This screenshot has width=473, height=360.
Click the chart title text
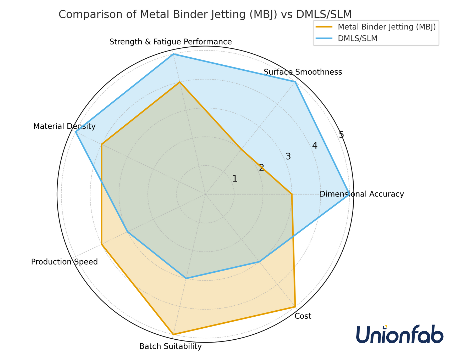click(205, 14)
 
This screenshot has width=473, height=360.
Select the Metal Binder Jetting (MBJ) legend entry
click(386, 27)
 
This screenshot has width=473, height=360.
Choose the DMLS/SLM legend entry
click(358, 38)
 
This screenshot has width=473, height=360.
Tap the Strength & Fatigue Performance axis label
click(170, 42)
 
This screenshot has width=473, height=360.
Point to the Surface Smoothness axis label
click(303, 72)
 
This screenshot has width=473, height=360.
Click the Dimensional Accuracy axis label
click(362, 194)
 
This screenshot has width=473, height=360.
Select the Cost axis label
click(303, 316)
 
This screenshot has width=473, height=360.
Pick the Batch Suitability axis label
click(170, 346)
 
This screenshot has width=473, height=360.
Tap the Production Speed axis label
click(64, 262)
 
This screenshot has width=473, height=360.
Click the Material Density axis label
click(64, 126)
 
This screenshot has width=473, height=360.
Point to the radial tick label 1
click(235, 179)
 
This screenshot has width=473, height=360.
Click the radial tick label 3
click(288, 156)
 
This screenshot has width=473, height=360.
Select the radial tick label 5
click(341, 135)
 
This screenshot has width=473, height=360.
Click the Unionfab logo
click(400, 334)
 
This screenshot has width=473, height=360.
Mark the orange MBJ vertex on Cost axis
click(295, 306)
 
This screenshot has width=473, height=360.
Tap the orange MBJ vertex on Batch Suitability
click(173, 334)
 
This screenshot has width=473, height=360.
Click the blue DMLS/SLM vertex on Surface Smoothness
click(295, 82)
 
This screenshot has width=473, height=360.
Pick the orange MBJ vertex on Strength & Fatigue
click(180, 82)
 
